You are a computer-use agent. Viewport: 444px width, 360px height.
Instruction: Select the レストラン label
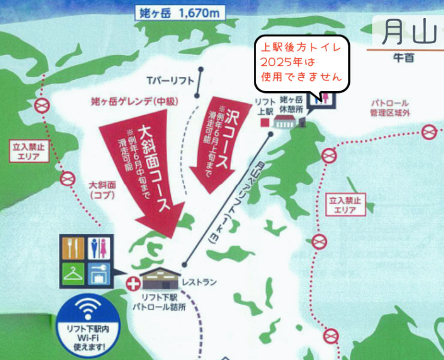tap(203, 281)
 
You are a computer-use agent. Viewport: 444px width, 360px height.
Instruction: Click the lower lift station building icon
tap(161, 277)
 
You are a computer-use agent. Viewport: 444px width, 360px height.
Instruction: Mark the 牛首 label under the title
tap(401, 58)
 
